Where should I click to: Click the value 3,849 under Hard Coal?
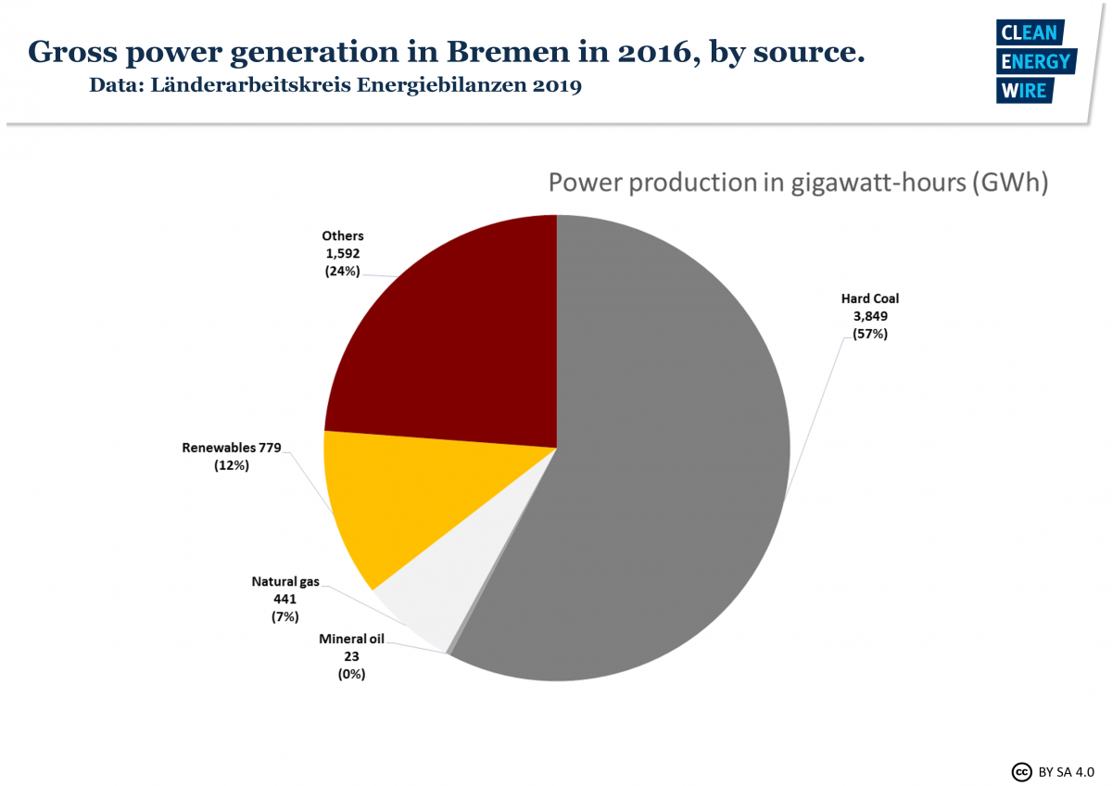point(870,316)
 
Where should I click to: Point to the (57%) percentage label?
point(870,334)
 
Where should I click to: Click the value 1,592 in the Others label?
point(342,253)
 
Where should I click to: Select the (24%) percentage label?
point(342,271)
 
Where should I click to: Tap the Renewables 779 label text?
point(232,449)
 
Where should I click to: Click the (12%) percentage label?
point(232,466)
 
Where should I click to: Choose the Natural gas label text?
point(285,582)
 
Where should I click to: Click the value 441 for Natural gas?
point(285,599)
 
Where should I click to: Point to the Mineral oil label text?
point(351,639)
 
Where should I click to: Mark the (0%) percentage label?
point(351,674)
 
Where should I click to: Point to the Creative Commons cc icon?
point(1022,770)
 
